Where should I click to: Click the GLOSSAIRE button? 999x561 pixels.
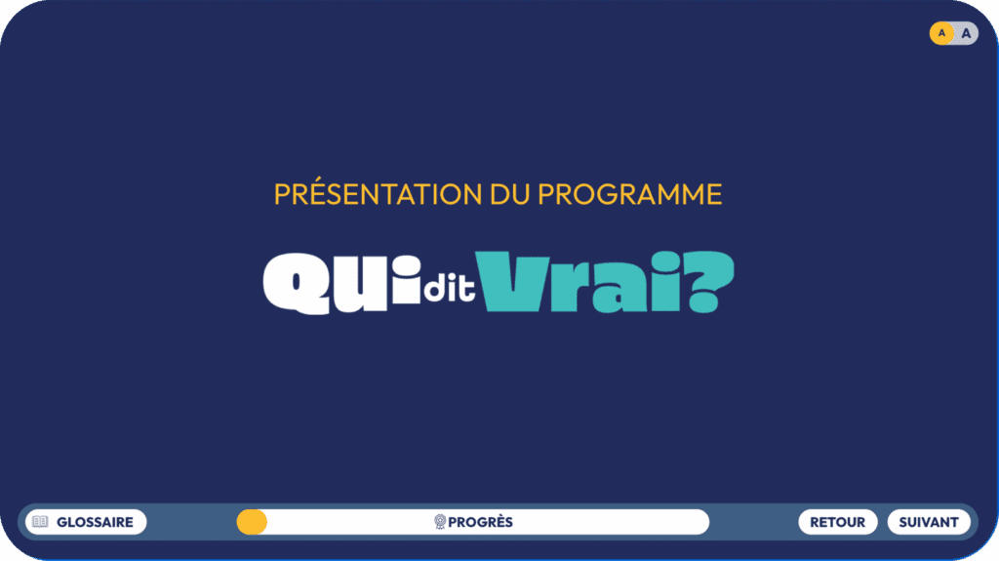(x=86, y=522)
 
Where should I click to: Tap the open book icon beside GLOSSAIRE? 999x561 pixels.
(x=40, y=521)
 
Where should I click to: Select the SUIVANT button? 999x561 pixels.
(x=929, y=522)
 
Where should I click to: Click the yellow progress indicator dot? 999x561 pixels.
(x=252, y=522)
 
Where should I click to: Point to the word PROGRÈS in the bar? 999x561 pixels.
(x=480, y=522)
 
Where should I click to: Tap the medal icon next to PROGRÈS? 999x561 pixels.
(x=440, y=522)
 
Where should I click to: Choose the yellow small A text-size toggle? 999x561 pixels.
(x=941, y=33)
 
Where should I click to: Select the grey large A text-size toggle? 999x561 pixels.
(x=966, y=34)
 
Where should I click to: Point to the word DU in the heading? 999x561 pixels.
(x=510, y=195)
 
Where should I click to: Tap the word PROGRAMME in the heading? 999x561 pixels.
(x=629, y=195)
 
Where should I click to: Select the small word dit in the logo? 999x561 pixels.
(x=450, y=286)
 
